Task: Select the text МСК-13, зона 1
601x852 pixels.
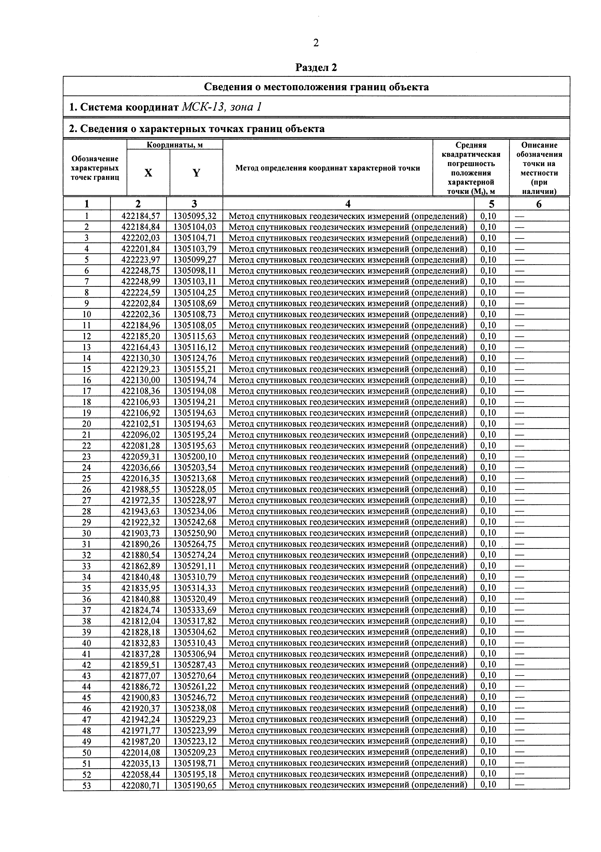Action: click(x=222, y=107)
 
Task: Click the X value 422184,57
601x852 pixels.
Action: click(x=138, y=216)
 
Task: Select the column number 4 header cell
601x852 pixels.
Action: click(x=348, y=204)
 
